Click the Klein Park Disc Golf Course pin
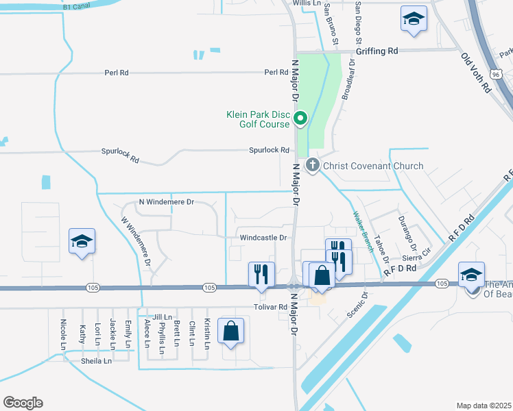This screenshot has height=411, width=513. coord(300,120)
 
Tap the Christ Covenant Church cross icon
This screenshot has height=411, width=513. coord(313,165)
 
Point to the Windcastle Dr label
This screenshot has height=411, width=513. coord(262,238)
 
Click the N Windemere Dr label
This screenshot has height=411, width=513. coord(167,202)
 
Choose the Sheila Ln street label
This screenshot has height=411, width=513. coord(97,361)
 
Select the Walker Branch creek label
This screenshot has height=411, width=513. coord(363,232)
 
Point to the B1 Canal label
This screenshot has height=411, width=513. coord(77,5)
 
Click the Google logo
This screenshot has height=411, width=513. coord(23,403)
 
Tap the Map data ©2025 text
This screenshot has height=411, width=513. coord(484,406)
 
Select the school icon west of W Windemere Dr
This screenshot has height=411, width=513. coord(82,241)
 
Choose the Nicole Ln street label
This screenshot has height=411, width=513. coord(63,331)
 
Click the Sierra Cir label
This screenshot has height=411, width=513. coord(416,258)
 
